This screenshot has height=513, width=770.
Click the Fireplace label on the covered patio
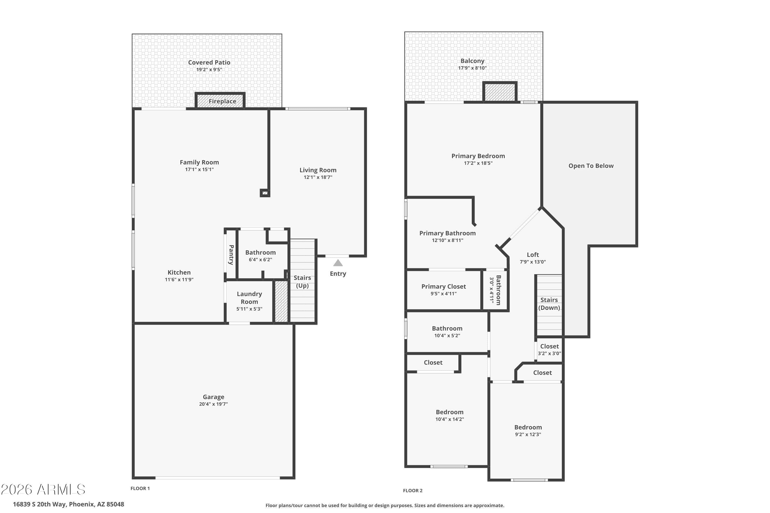pyautogui.click(x=222, y=101)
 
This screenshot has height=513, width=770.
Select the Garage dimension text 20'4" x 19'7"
pyautogui.click(x=214, y=404)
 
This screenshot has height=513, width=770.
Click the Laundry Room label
pyautogui.click(x=249, y=298)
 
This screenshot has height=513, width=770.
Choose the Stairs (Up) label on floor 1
pyautogui.click(x=302, y=282)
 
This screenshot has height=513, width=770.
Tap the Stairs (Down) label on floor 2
pyautogui.click(x=549, y=304)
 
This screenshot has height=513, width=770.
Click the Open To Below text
pyautogui.click(x=591, y=166)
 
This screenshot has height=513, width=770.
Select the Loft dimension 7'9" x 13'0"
pyautogui.click(x=533, y=262)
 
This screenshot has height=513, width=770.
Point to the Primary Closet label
pyautogui.click(x=444, y=287)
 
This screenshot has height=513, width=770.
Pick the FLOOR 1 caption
pyautogui.click(x=140, y=488)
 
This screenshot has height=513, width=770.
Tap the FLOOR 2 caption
pyautogui.click(x=413, y=490)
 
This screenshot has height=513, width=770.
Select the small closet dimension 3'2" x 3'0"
pyautogui.click(x=549, y=353)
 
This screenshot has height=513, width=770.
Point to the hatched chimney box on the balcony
pyautogui.click(x=500, y=92)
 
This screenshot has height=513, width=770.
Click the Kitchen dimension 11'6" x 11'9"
pyautogui.click(x=179, y=279)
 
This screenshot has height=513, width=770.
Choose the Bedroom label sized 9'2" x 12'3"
pyautogui.click(x=528, y=427)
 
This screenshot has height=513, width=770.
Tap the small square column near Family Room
pyautogui.click(x=265, y=193)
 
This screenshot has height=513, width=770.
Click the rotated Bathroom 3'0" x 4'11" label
pyautogui.click(x=495, y=290)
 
